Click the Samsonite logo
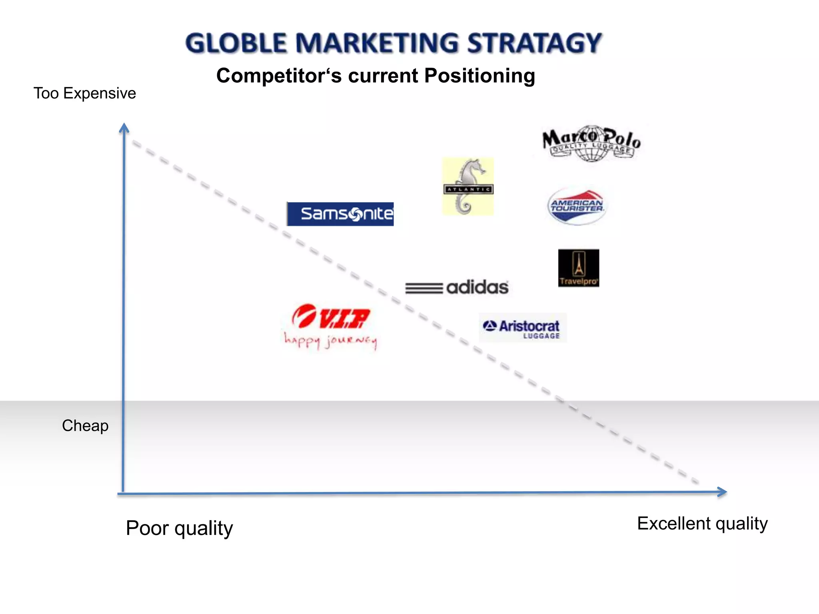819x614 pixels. (x=340, y=214)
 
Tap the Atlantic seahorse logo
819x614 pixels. (x=468, y=186)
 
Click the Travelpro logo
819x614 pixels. (x=578, y=268)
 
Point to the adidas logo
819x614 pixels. (x=457, y=287)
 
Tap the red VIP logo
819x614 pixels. (x=331, y=317)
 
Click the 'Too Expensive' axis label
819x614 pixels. (x=84, y=93)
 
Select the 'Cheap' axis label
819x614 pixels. (x=85, y=426)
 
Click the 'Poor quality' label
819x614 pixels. (x=179, y=528)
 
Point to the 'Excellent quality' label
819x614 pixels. (x=702, y=523)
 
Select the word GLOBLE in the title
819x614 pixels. (x=236, y=43)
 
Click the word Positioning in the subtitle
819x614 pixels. (x=479, y=76)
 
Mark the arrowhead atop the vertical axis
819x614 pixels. (x=124, y=128)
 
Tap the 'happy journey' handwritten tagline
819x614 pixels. (x=331, y=341)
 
